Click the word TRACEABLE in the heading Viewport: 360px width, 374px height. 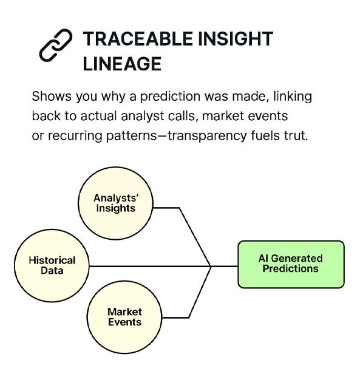point(138,39)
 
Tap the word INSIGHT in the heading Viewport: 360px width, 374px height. point(236,39)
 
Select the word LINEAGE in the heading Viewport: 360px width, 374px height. point(122,64)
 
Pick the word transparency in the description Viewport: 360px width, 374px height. point(207,136)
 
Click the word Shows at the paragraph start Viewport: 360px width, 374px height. point(52,97)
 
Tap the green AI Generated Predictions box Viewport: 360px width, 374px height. point(291,264)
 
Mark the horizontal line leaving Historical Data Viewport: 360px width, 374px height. point(150,266)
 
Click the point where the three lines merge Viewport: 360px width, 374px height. point(211,266)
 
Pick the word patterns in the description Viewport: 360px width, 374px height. point(132,136)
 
